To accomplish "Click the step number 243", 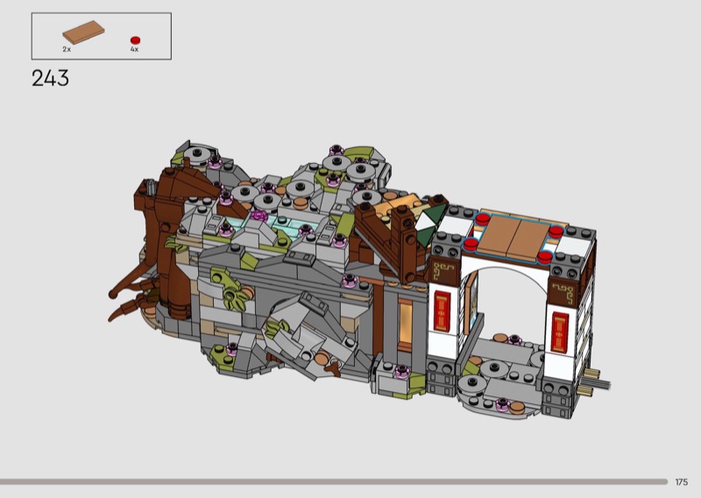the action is [50, 78].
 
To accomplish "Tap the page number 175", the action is [682, 482].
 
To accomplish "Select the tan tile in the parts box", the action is [83, 32].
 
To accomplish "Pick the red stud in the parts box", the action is [135, 40].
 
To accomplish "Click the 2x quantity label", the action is [67, 49].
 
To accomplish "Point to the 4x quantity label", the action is [135, 49].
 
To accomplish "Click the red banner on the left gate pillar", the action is [443, 311].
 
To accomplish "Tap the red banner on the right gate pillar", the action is [560, 332].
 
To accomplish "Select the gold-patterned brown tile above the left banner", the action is [444, 272].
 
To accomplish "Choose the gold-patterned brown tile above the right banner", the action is [563, 292].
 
